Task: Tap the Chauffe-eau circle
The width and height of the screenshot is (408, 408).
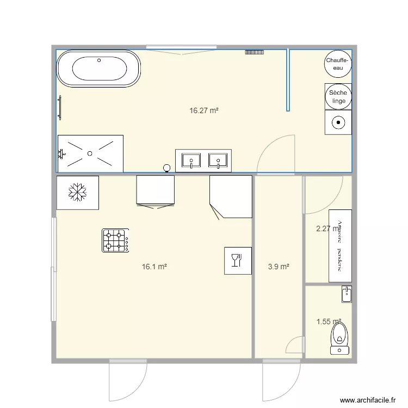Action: [x=338, y=64]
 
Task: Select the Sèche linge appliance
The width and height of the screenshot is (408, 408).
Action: [x=338, y=97]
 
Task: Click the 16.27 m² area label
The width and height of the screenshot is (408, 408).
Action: [x=203, y=111]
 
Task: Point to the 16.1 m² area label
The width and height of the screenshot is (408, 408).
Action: [x=154, y=267]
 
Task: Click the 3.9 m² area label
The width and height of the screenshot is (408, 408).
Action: [x=278, y=267]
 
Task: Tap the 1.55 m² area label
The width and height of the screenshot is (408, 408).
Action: [x=328, y=322]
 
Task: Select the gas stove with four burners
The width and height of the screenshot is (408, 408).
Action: [x=115, y=240]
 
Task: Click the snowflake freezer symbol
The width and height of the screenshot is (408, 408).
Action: [x=77, y=192]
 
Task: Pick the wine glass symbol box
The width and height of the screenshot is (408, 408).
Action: [x=238, y=261]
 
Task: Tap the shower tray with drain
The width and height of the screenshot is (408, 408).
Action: [x=90, y=153]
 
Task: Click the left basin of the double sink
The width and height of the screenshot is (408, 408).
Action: [x=191, y=160]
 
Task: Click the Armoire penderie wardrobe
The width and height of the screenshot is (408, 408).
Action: [x=340, y=246]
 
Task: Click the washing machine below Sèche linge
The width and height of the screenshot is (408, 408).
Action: [x=338, y=122]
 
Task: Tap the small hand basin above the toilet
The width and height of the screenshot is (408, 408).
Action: [x=347, y=294]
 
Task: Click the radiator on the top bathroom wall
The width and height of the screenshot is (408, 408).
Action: [x=254, y=52]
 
